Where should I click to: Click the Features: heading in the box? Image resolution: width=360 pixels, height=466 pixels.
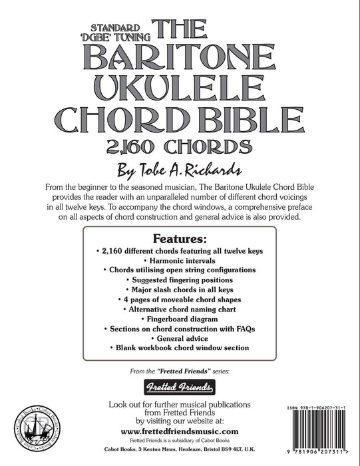point(180,238)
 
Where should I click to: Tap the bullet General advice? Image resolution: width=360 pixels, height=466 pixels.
point(180,339)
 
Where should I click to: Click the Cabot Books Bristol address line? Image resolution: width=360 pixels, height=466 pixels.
point(180,450)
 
